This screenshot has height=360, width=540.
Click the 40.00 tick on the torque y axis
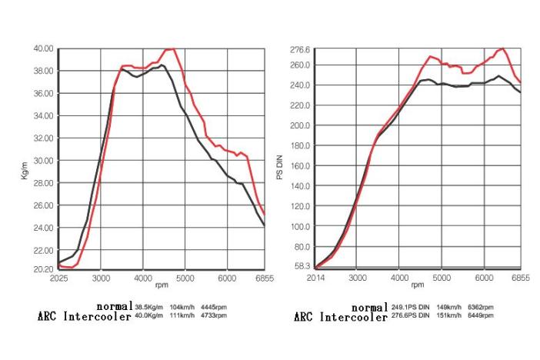click(x=42, y=48)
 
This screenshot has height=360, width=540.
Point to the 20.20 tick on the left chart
click(x=42, y=269)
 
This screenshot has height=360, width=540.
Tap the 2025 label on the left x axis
click(x=59, y=278)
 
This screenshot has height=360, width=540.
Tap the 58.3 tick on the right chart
click(x=302, y=266)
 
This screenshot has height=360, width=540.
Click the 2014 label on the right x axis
click(x=315, y=278)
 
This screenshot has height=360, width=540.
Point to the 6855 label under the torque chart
click(x=264, y=278)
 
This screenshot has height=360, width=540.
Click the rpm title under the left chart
click(x=162, y=285)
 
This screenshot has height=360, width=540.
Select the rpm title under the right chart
click(x=418, y=285)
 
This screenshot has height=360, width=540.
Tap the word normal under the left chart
click(x=115, y=306)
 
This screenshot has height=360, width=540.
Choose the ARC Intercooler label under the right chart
click(x=341, y=316)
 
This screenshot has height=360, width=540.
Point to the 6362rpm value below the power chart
click(x=479, y=307)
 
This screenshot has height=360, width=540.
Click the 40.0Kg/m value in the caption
click(x=151, y=315)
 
